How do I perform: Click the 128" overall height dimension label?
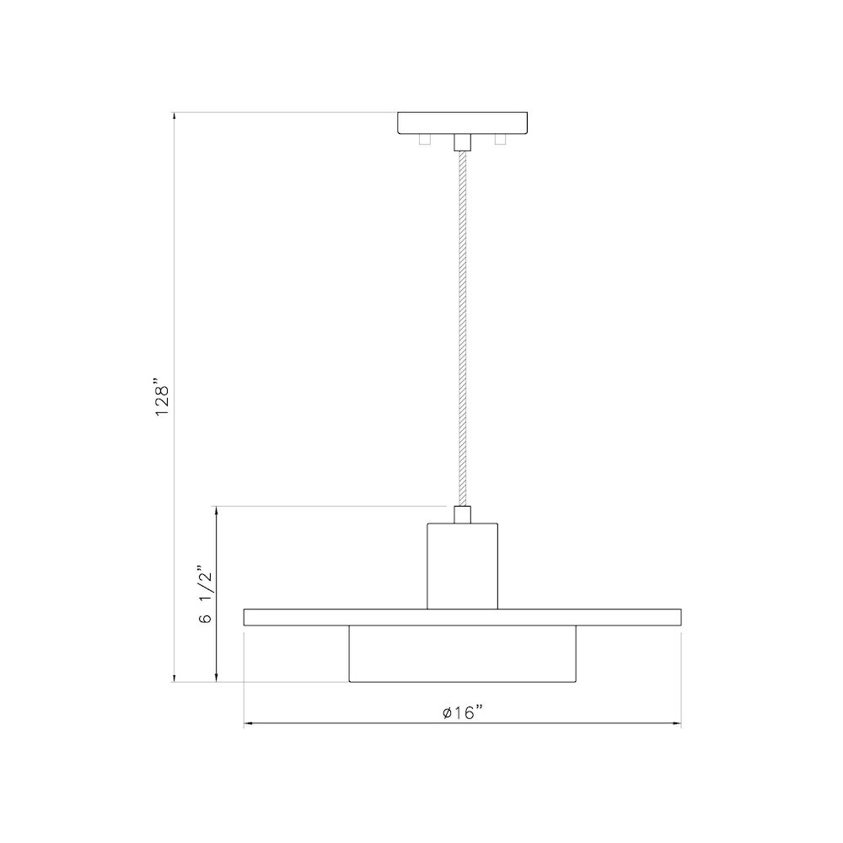click(x=163, y=399)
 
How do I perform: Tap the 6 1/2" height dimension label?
click(x=206, y=593)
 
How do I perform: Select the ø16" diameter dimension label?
click(x=462, y=712)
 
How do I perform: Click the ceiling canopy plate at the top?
click(x=462, y=123)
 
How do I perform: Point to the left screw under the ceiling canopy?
click(x=425, y=139)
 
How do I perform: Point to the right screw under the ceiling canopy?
click(x=501, y=139)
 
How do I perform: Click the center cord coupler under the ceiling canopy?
click(x=462, y=142)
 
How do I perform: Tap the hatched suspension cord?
click(x=462, y=329)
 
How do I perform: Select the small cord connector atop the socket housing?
click(x=462, y=514)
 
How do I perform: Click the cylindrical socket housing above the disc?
click(x=462, y=566)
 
